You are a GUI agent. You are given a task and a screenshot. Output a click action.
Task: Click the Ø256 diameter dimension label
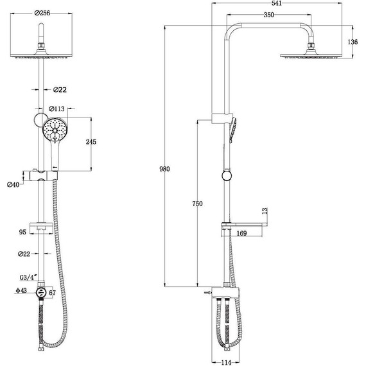[42, 13]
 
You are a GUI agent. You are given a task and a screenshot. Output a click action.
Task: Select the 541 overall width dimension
[277, 3]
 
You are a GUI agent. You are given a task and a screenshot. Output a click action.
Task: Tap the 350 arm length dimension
[268, 15]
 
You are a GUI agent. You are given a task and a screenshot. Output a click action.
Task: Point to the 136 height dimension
[353, 42]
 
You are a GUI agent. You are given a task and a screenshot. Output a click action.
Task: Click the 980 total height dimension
[164, 169]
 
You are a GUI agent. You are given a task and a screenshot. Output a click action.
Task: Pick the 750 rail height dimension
[198, 204]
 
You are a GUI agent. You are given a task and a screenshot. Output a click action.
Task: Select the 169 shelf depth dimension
[241, 233]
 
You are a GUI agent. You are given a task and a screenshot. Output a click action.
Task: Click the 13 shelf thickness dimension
[265, 211]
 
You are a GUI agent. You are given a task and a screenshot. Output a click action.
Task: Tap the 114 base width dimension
[226, 363]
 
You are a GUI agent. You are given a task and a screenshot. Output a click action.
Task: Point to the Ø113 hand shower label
[57, 109]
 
